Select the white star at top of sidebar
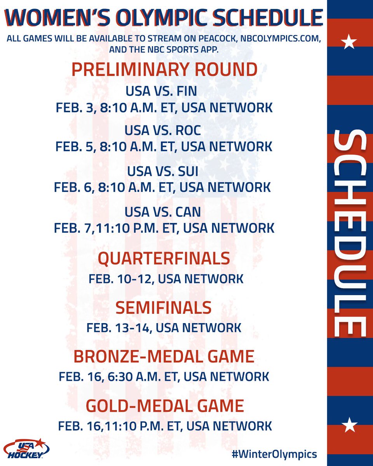tap(350, 42)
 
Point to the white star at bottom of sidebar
tap(350, 425)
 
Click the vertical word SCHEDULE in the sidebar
tap(350, 233)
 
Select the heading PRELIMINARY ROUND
tap(164, 70)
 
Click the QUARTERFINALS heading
tap(164, 259)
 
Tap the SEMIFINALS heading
tap(164, 308)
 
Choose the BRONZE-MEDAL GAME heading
tap(164, 356)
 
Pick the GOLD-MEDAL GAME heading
tap(165, 406)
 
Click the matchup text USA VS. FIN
tap(161, 91)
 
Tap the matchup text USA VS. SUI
tap(162, 171)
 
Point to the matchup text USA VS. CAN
tap(163, 211)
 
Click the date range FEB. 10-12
tap(122, 278)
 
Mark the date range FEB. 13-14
tap(121, 327)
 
